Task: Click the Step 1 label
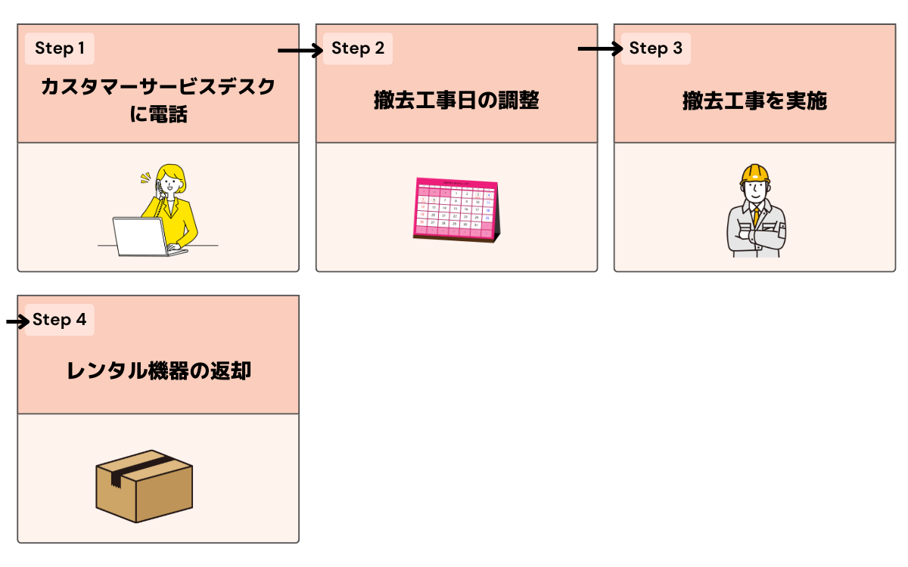60,49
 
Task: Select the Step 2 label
358,49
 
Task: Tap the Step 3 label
656,49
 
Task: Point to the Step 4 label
60,320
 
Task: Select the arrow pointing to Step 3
599,49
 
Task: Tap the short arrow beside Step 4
17,322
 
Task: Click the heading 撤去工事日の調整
456,101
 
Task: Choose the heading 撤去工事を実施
754,101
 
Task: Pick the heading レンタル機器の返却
158,371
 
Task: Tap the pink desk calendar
456,209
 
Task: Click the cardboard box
144,485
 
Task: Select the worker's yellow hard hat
754,173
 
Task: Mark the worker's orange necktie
756,215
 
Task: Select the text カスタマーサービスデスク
158,87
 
